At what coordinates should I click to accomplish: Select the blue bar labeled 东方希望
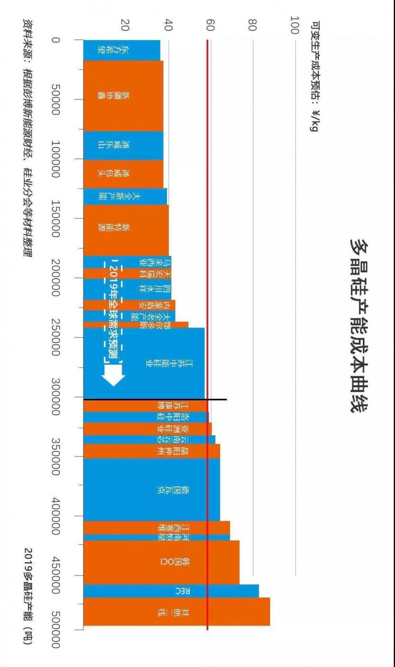121,50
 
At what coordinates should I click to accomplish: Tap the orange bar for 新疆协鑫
123,95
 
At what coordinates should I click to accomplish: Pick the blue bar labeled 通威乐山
123,145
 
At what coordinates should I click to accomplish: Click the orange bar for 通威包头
123,174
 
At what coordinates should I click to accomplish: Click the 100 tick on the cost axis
295,25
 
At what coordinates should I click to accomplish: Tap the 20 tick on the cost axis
126,25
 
